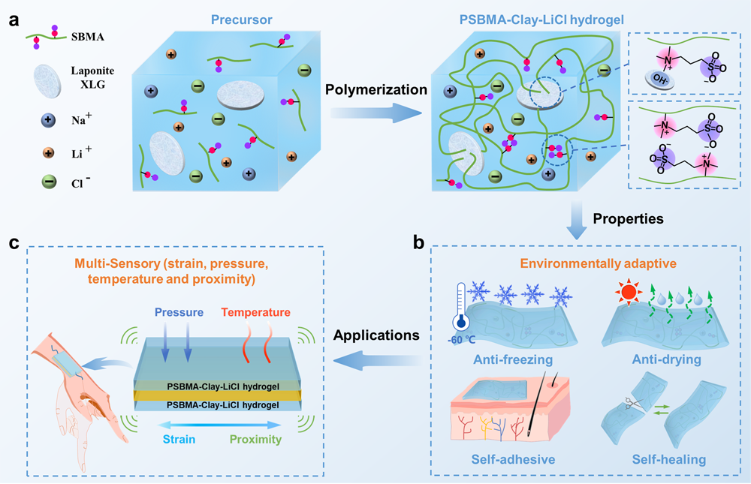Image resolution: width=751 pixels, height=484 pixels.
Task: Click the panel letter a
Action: pyautogui.click(x=14, y=20)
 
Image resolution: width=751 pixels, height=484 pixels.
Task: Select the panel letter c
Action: pyautogui.click(x=14, y=242)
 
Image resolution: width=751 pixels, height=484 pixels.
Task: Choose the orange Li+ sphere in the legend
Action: pyautogui.click(x=49, y=152)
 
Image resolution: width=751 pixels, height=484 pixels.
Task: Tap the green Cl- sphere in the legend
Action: pyautogui.click(x=49, y=183)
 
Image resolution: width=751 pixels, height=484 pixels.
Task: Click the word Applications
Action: pyautogui.click(x=375, y=335)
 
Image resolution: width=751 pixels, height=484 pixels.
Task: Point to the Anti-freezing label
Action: pyautogui.click(x=513, y=360)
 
